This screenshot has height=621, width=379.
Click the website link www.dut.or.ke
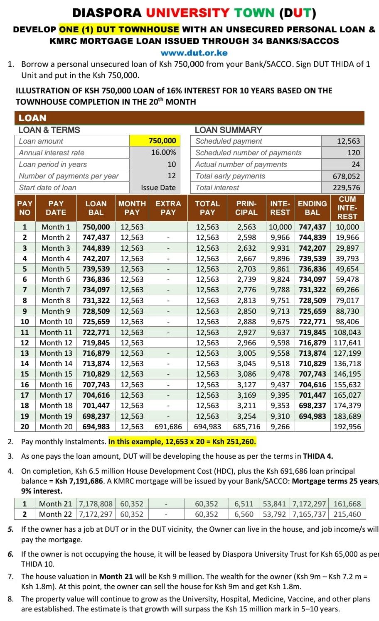point(194,53)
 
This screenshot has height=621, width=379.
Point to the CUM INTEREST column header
point(347,208)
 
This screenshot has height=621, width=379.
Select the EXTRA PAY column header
point(168,208)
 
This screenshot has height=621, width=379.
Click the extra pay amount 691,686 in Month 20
point(168,426)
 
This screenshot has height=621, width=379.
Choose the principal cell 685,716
point(246,426)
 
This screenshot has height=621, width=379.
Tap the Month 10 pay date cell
point(56,322)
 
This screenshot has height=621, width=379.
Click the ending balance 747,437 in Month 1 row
point(312,227)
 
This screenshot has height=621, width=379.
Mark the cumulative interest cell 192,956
point(347,426)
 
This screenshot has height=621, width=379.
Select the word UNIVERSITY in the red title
point(188,13)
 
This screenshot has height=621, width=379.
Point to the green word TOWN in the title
point(254,13)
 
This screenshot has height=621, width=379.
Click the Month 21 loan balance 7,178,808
point(96,504)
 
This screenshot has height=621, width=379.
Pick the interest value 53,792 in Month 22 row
point(274,514)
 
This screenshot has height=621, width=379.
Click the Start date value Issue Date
point(158,188)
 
